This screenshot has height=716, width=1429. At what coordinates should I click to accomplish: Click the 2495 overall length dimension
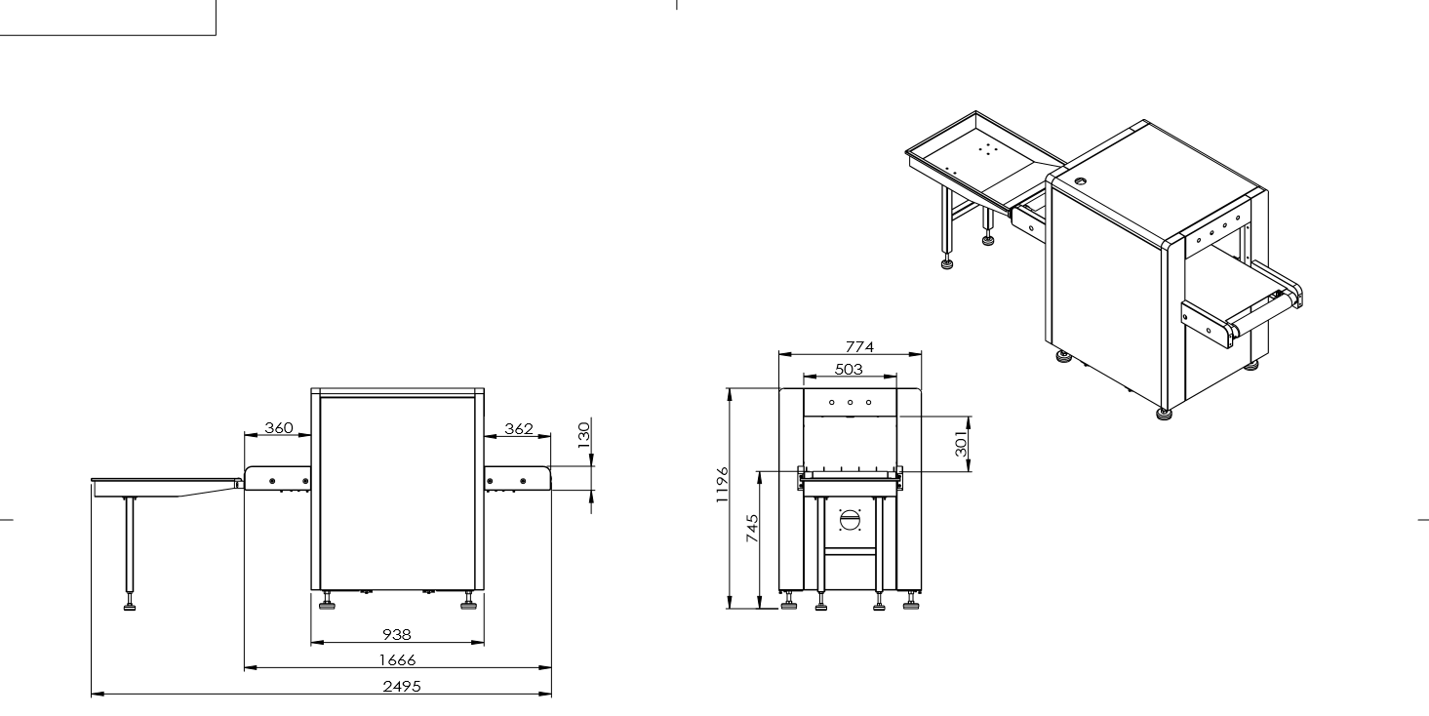coord(402,686)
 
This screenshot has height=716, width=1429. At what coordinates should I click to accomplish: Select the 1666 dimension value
coord(397,659)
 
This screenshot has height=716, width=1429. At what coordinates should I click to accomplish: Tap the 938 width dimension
coord(397,634)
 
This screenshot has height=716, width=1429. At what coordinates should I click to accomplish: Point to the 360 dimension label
coord(279,427)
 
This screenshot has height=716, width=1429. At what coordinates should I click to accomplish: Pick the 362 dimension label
coord(519,429)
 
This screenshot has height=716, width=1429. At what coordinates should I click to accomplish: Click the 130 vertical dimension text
coord(583,435)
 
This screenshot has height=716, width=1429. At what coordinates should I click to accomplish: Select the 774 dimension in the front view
coord(859,346)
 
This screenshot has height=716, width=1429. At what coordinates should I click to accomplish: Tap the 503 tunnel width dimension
coord(849,370)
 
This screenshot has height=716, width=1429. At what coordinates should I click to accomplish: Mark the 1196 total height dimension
coord(722,485)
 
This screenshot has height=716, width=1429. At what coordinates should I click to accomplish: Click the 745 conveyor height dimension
coord(753,528)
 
